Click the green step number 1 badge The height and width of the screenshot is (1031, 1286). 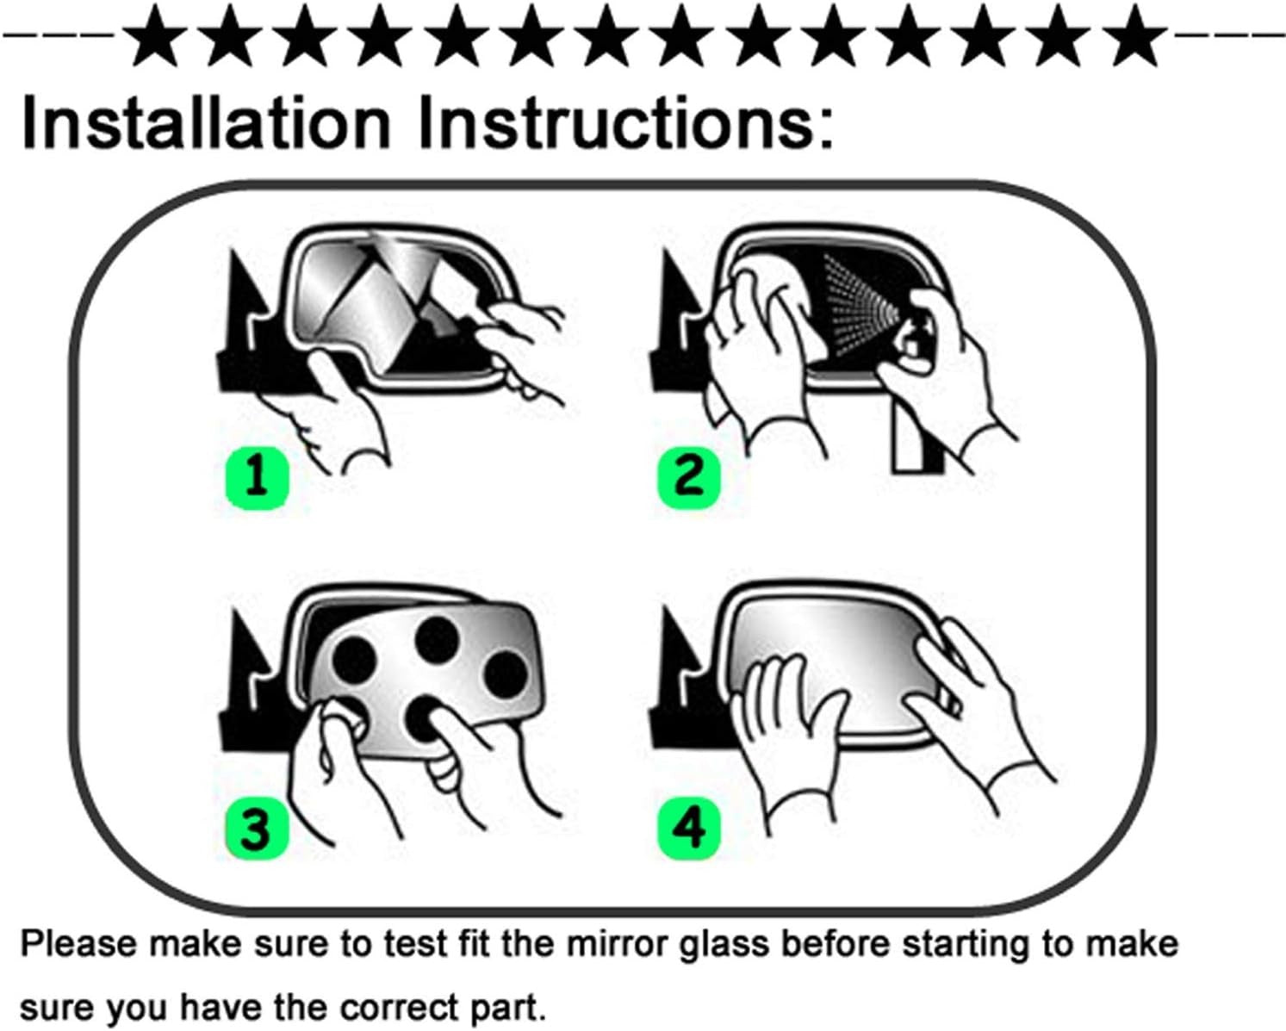pos(257,477)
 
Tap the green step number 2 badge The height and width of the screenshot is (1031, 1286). pos(689,477)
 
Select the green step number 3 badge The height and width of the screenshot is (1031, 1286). pos(257,828)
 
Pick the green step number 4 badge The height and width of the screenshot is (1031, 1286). pos(689,828)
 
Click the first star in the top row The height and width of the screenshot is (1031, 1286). pos(154,36)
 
